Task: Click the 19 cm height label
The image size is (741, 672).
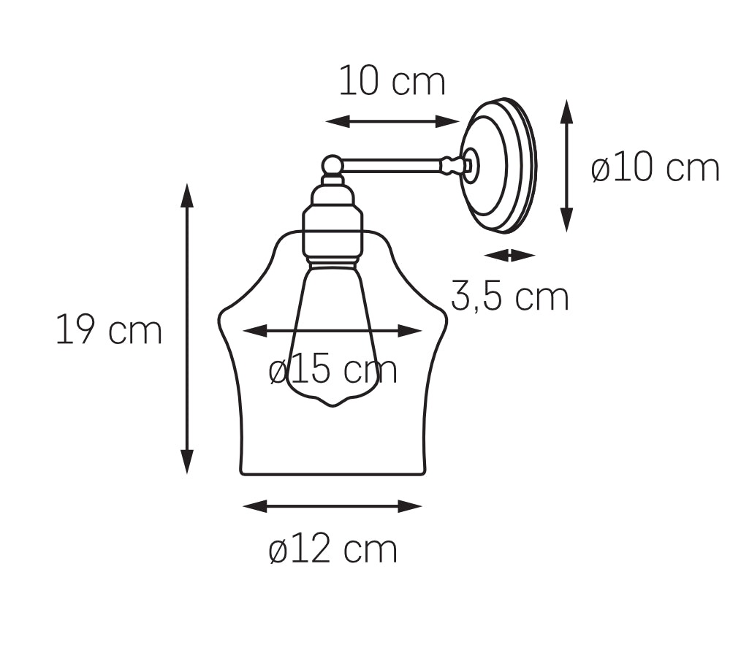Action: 109,329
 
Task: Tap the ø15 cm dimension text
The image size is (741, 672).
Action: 332,370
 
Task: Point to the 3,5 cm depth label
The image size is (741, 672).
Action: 510,296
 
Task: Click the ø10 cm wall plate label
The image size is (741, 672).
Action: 655,168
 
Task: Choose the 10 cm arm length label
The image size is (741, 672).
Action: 392,81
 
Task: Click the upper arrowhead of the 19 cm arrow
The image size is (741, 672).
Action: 187,196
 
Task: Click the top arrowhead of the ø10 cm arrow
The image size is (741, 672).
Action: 566,112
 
